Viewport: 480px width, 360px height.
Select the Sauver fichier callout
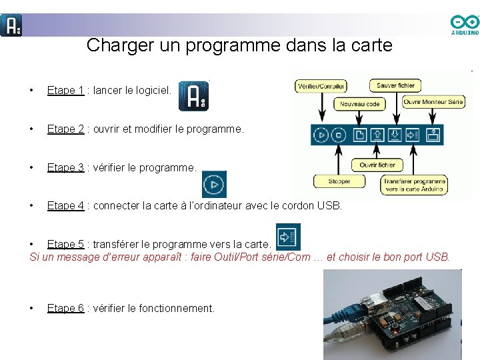[x=396, y=85]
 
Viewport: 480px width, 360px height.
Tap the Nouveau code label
[x=359, y=104]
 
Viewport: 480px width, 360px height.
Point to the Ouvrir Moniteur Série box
[x=433, y=102]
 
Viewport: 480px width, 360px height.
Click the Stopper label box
[x=339, y=181]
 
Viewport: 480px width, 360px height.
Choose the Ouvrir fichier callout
[x=377, y=165]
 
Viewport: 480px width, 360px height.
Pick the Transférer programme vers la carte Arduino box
[x=414, y=185]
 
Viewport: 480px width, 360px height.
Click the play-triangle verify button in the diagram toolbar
[x=322, y=135]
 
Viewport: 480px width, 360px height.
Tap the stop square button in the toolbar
[x=339, y=135]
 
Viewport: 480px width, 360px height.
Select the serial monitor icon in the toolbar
[x=433, y=135]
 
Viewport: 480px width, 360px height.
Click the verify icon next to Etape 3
[x=214, y=184]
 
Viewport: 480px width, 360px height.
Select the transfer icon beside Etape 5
[x=288, y=237]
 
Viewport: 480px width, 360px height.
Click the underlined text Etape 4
[x=65, y=206]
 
